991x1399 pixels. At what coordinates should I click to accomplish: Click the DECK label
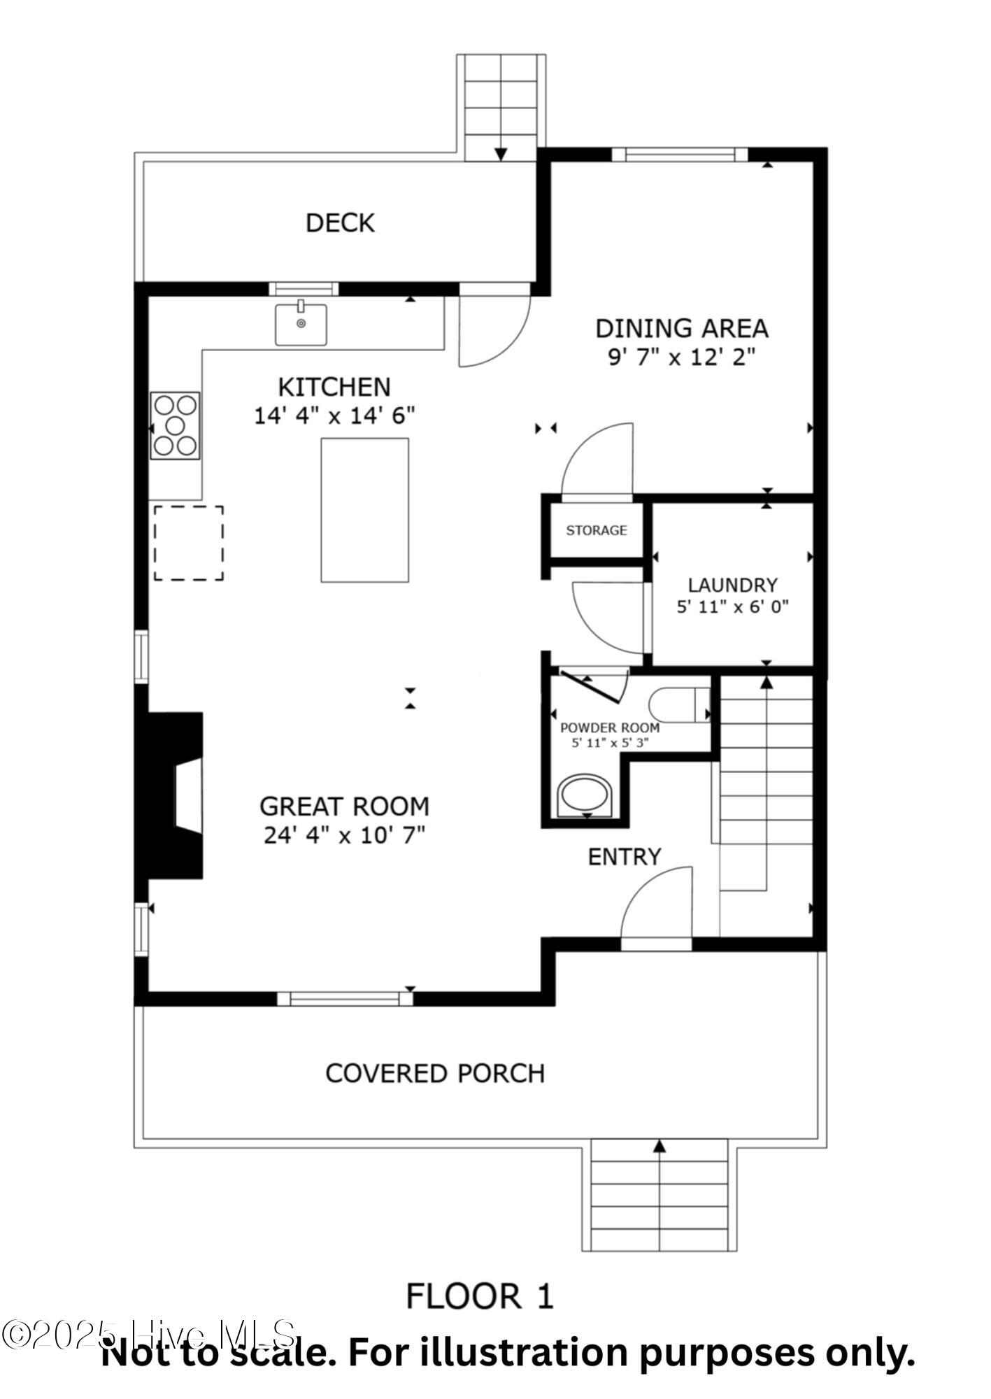click(x=340, y=223)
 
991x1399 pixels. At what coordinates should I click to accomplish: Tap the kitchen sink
click(x=301, y=324)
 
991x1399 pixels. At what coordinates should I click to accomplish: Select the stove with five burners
click(x=175, y=425)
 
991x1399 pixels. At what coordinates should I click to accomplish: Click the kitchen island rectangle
click(x=364, y=510)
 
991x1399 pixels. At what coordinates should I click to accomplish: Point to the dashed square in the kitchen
click(x=188, y=543)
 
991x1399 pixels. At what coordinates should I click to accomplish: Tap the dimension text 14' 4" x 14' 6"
click(x=334, y=416)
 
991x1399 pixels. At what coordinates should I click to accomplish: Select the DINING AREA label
click(x=681, y=328)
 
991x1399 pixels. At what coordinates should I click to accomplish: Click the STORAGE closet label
click(x=596, y=530)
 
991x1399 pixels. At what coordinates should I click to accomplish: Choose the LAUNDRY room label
click(x=732, y=585)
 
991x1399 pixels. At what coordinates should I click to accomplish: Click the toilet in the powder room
click(x=678, y=704)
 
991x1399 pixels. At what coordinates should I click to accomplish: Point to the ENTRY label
click(x=624, y=857)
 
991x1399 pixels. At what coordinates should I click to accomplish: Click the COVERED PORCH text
click(x=435, y=1073)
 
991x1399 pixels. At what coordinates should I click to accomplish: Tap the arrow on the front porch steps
click(x=659, y=1146)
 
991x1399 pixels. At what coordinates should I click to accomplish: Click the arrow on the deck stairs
click(x=501, y=154)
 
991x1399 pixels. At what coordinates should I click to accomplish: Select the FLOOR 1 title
click(x=480, y=1296)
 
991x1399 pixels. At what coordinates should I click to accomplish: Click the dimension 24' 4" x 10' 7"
click(x=344, y=835)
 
